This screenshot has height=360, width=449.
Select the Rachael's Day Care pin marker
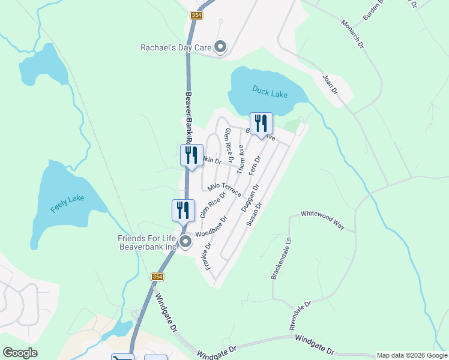tap(220, 47)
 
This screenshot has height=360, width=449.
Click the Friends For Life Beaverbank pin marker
tap(185, 242)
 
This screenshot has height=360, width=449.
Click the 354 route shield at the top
tap(196, 15)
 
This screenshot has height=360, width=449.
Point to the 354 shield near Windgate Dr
tap(157, 277)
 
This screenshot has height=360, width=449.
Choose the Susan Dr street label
tap(255, 214)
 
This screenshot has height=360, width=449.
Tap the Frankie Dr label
tap(209, 256)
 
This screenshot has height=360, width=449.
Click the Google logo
tap(20, 353)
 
